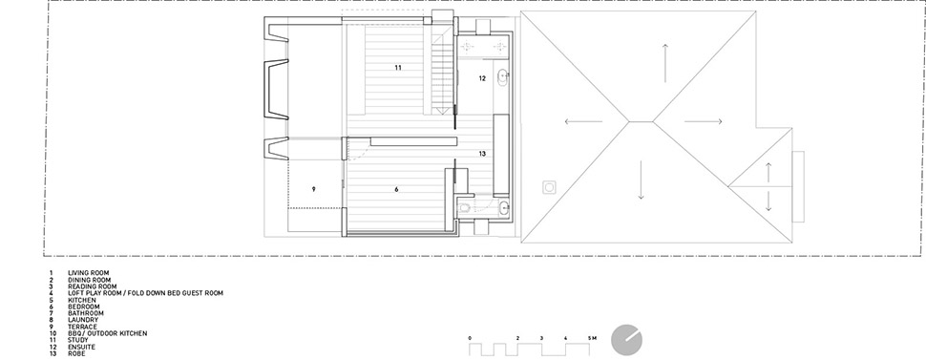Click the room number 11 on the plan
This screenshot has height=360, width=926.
(398, 68)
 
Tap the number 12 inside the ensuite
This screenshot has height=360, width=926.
(482, 78)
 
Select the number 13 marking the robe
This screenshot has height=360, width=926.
(482, 154)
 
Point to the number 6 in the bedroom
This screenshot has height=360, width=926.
(396, 189)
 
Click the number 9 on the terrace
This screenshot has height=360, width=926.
(313, 189)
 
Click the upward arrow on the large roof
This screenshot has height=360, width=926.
(665, 63)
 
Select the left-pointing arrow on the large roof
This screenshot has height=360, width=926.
(583, 122)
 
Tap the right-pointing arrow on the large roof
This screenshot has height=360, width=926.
(704, 122)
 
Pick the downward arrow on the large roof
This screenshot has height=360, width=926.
(641, 180)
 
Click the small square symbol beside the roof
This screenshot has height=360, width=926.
(549, 187)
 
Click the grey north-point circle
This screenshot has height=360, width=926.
(626, 340)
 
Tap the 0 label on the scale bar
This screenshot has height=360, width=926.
(470, 337)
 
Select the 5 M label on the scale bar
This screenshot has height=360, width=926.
(592, 337)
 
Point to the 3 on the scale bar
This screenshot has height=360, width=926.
(541, 337)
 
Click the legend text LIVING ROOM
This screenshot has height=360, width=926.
(89, 273)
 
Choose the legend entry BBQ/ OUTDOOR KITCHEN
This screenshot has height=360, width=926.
(108, 333)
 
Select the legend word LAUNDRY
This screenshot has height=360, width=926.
(83, 320)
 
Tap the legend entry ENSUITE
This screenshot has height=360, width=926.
(81, 347)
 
